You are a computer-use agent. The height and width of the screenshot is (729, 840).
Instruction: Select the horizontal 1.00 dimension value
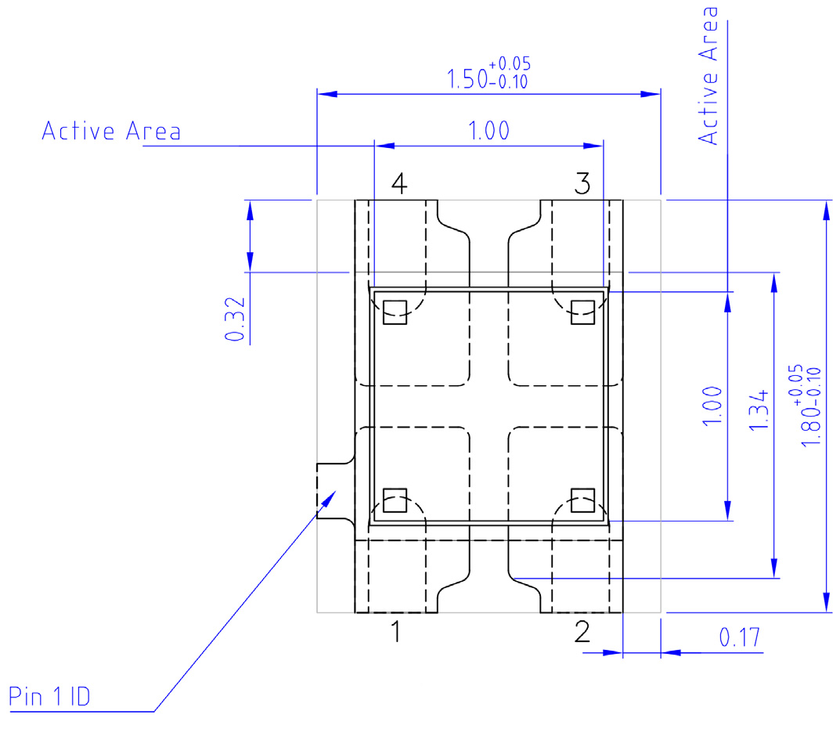click(488, 131)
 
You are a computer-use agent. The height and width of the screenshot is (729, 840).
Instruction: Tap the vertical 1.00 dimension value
click(711, 406)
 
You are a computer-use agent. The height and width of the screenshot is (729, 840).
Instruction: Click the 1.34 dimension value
click(758, 410)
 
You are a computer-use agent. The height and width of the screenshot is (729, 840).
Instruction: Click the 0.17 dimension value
click(740, 638)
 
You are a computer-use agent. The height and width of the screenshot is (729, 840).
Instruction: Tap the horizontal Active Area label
click(111, 131)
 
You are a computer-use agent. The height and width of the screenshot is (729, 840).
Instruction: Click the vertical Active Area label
click(709, 76)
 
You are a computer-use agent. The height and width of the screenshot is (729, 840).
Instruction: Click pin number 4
click(398, 185)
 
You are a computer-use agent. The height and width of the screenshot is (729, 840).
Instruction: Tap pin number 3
click(582, 185)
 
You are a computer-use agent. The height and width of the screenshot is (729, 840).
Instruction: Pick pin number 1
click(397, 631)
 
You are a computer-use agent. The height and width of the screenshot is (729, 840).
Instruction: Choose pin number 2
click(582, 631)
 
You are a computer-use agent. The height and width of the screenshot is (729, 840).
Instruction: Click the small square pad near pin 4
click(395, 312)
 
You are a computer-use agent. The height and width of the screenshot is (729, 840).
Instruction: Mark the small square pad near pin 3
click(582, 312)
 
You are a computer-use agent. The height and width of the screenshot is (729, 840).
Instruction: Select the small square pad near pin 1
click(395, 500)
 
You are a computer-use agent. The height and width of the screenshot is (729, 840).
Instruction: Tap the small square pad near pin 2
click(582, 500)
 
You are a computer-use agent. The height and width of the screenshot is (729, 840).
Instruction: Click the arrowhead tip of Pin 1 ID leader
click(337, 489)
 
